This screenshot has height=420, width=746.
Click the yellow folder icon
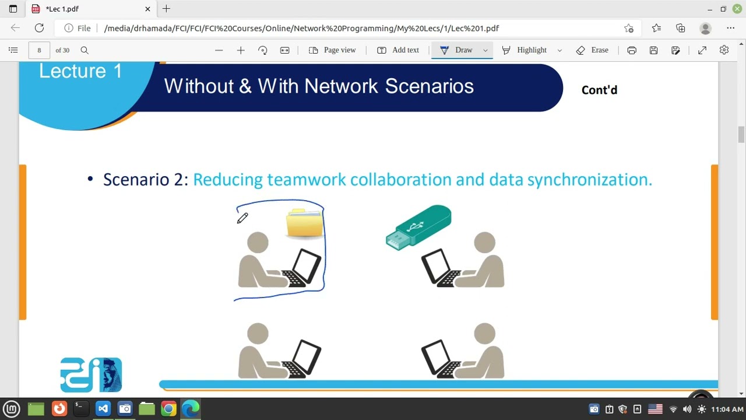(304, 223)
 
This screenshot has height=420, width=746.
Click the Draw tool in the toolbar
(457, 50)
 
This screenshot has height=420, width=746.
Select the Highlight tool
(525, 50)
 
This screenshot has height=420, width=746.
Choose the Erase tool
(592, 50)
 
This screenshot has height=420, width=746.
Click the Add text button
(398, 50)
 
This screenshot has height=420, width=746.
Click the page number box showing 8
(39, 50)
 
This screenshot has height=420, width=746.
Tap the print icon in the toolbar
(632, 50)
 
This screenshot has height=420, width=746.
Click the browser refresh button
(39, 28)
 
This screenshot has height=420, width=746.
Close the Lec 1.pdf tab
(147, 9)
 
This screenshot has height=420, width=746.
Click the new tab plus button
(166, 9)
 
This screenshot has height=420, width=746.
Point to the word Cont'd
(599, 90)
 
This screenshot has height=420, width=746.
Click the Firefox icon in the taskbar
(59, 409)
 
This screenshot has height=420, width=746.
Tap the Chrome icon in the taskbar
(168, 409)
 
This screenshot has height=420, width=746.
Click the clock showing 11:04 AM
(727, 409)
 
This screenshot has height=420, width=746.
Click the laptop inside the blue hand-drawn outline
(302, 269)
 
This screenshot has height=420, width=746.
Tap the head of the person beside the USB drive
(484, 242)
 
